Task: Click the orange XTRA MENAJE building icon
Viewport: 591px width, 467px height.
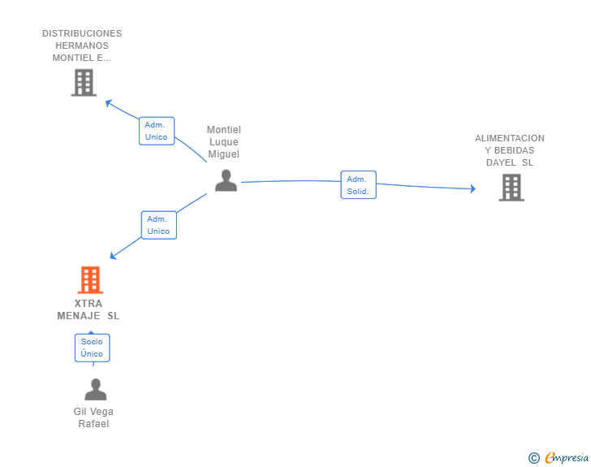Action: [90, 280]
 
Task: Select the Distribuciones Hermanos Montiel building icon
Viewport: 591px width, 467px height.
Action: [84, 82]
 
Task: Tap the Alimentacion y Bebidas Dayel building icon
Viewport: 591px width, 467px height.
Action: [511, 188]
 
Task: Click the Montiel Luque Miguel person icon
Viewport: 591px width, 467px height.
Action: [226, 181]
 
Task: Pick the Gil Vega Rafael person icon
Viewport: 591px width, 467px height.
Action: [95, 390]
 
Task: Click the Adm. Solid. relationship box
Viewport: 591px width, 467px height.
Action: [358, 185]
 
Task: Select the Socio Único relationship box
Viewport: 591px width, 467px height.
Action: [92, 348]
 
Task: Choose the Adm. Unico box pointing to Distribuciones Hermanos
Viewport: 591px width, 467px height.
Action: [156, 131]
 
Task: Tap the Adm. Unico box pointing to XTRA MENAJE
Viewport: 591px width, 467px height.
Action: [158, 225]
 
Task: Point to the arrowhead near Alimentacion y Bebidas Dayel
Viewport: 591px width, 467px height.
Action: [472, 189]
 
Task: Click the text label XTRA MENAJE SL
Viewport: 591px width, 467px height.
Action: [88, 309]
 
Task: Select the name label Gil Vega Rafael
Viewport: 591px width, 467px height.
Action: [93, 417]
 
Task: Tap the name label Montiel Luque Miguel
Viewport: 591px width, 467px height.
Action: [223, 142]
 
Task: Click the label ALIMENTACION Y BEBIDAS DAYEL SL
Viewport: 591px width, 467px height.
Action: [510, 150]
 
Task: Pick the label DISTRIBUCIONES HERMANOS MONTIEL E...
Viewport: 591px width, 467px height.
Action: [82, 45]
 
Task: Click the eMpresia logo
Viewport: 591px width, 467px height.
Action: [567, 458]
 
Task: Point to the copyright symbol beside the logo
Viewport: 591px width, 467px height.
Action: [533, 458]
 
